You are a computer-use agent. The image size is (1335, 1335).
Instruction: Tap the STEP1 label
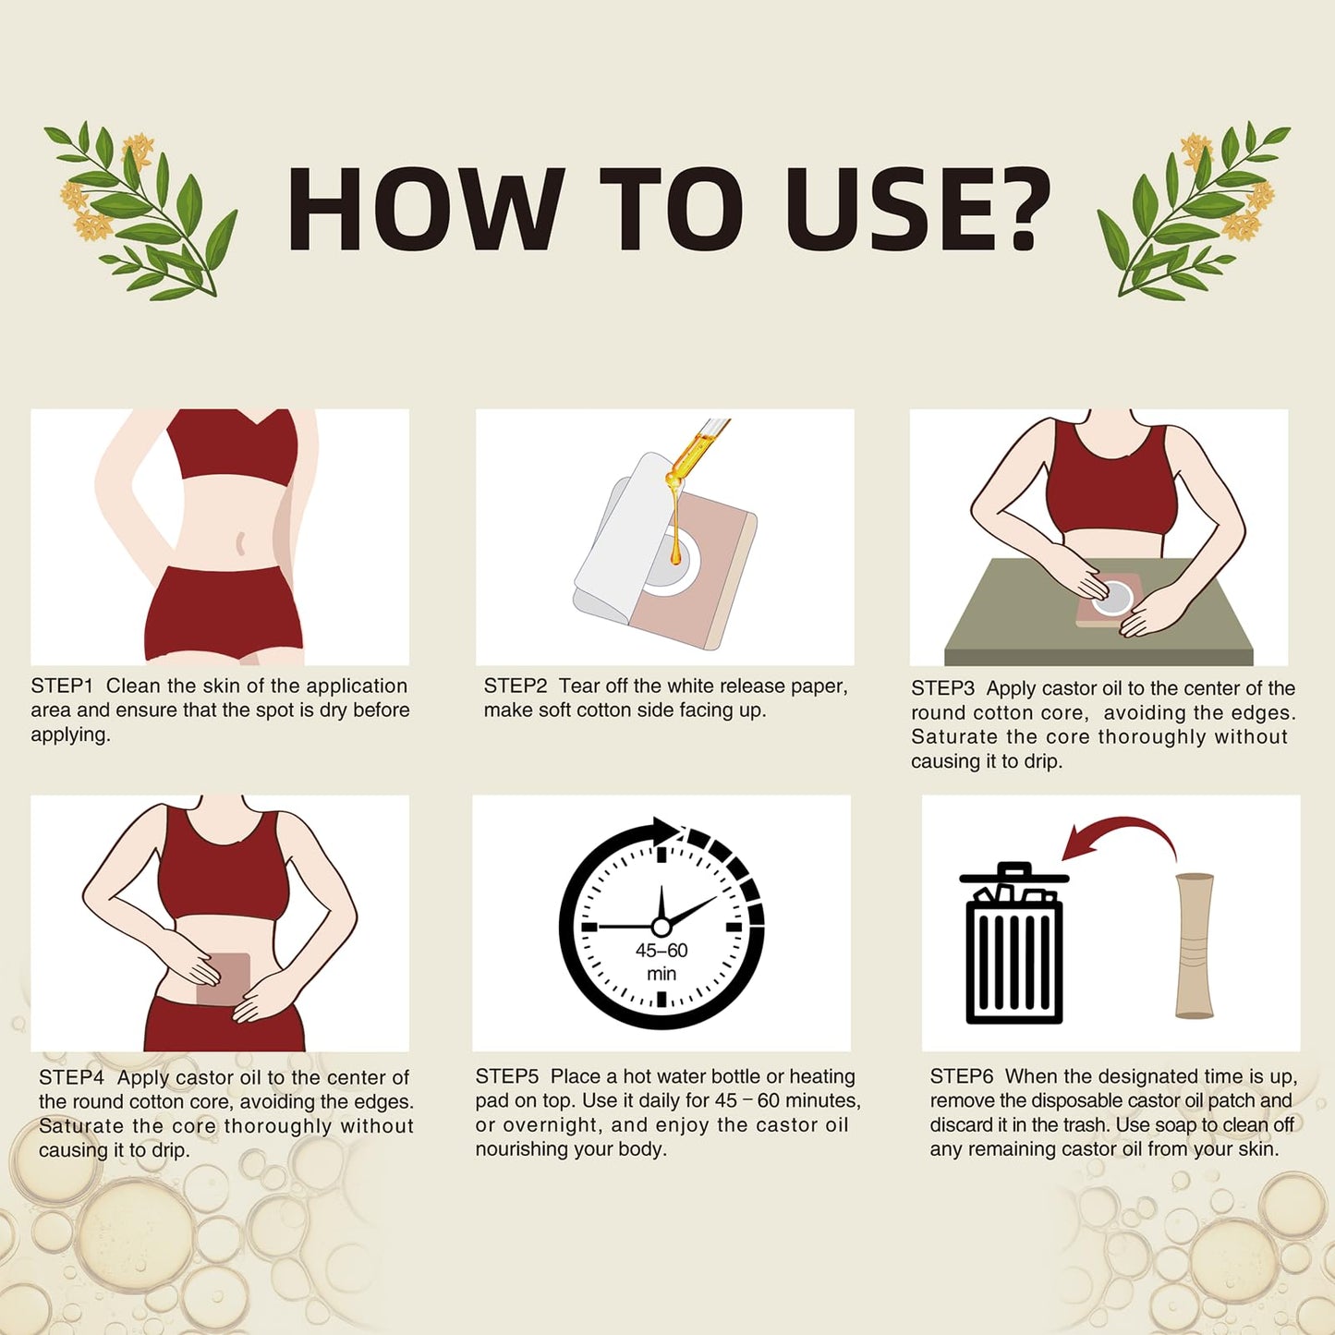pyautogui.click(x=62, y=686)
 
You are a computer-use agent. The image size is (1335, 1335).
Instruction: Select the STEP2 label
pyautogui.click(x=516, y=686)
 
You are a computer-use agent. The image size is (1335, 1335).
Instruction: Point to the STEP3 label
pyautogui.click(x=942, y=688)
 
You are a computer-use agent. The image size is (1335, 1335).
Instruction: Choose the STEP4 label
pyautogui.click(x=71, y=1077)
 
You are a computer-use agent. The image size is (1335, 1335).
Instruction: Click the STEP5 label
pyautogui.click(x=507, y=1076)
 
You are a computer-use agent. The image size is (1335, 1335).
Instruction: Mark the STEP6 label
pyautogui.click(x=962, y=1076)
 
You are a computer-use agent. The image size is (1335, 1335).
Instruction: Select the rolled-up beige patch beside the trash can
pyautogui.click(x=1195, y=946)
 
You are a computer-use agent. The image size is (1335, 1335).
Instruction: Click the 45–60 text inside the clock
pyautogui.click(x=661, y=950)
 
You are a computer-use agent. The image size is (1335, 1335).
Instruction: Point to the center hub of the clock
pyautogui.click(x=661, y=927)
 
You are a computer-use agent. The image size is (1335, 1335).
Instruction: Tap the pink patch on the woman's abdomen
pyautogui.click(x=223, y=979)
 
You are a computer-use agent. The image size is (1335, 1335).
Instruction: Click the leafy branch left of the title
pyautogui.click(x=142, y=210)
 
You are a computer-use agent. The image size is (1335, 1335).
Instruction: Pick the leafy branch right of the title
pyautogui.click(x=1194, y=210)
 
